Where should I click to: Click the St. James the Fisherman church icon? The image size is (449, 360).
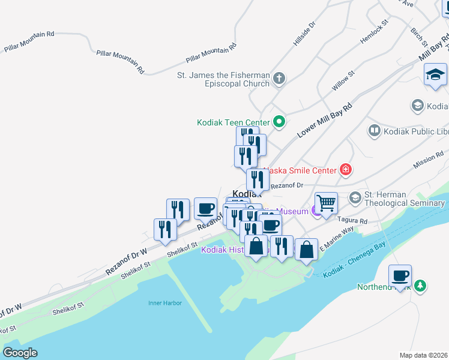pyautogui.click(x=279, y=78)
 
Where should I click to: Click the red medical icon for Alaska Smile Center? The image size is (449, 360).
pyautogui.click(x=345, y=170)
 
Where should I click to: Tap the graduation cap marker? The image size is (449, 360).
pyautogui.click(x=435, y=75)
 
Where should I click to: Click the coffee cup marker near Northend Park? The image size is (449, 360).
pyautogui.click(x=400, y=276)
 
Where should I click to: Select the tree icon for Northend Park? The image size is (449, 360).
pyautogui.click(x=421, y=286)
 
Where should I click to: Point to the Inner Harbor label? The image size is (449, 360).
pyautogui.click(x=164, y=303)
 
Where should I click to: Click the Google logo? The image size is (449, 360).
pyautogui.click(x=20, y=353)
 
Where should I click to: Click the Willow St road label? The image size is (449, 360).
pyautogui.click(x=343, y=80)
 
